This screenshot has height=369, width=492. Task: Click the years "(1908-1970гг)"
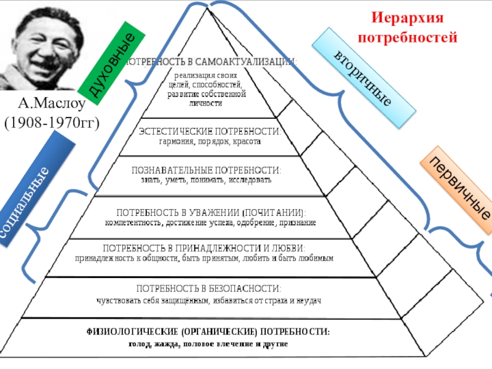[x=52, y=122]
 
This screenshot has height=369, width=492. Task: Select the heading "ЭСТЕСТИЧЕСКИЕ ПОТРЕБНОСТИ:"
[x=210, y=132]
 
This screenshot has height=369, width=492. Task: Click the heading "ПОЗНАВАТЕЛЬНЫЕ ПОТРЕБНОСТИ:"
[x=207, y=170]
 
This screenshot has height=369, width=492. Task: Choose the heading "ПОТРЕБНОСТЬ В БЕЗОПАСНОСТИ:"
[x=209, y=288]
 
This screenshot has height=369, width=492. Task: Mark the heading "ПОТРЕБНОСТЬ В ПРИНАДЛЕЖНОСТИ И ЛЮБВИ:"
[x=204, y=248]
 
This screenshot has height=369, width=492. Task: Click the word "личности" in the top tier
[x=207, y=104]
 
